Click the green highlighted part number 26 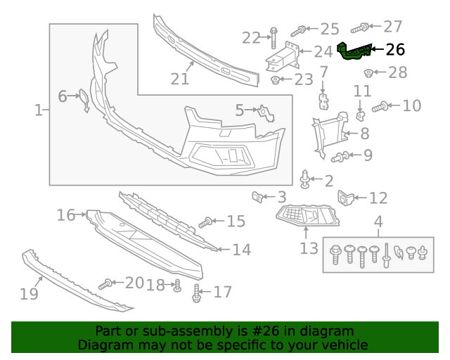(354, 52)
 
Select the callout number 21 (180, 79)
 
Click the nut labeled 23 (276, 79)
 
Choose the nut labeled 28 (368, 72)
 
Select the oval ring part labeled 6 (82, 101)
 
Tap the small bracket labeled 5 (264, 112)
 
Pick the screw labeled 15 (205, 222)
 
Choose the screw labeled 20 (105, 284)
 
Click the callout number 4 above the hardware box (378, 224)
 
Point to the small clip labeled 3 (258, 198)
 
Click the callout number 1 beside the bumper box (37, 110)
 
